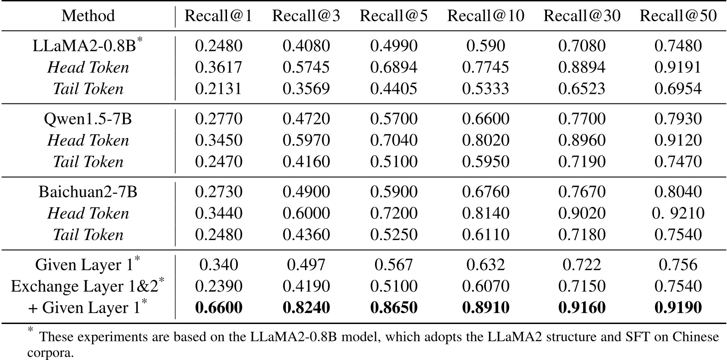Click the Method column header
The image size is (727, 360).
tap(88, 16)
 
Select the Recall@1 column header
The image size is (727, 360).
tap(218, 16)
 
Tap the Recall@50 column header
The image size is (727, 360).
tap(678, 16)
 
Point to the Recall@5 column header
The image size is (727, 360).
tap(393, 16)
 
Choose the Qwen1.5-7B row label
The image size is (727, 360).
tap(88, 119)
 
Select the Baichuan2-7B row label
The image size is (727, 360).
tap(88, 191)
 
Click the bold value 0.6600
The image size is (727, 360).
tap(218, 308)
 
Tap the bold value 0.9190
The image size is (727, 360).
tap(678, 308)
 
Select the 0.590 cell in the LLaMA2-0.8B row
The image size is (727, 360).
tap(485, 46)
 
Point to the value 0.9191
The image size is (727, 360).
tap(678, 67)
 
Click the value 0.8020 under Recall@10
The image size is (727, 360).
tap(485, 140)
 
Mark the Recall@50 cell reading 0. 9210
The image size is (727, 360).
tap(678, 213)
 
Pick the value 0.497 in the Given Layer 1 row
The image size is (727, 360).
tap(306, 265)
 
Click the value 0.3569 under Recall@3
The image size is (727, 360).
tap(306, 89)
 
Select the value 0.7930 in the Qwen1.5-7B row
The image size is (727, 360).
tap(678, 119)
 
